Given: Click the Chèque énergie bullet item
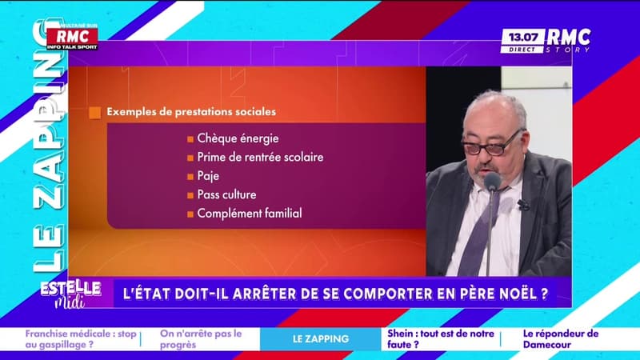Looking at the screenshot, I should [x=232, y=138].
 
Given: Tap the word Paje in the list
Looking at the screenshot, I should [x=207, y=176].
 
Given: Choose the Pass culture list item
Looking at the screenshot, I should [x=226, y=194].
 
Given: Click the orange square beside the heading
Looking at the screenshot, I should [x=94, y=113].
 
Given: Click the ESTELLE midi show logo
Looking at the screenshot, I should [x=71, y=291].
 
